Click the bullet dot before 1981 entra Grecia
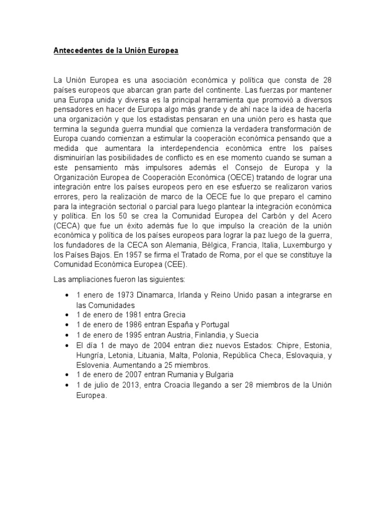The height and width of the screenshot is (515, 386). tap(67, 314)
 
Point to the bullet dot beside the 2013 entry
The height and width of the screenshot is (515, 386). tap(67, 385)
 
